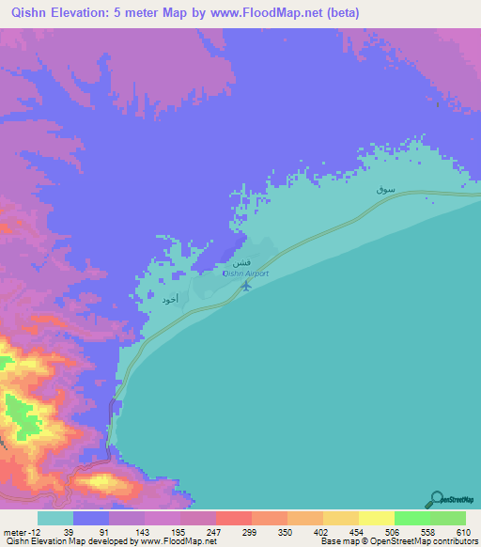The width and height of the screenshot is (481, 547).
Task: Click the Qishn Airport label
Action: [245, 273]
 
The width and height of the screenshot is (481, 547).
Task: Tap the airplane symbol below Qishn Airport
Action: [246, 285]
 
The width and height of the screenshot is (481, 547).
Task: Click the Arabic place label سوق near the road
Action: [384, 190]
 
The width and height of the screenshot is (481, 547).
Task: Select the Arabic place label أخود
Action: [170, 298]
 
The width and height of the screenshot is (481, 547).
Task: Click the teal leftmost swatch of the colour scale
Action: [54, 517]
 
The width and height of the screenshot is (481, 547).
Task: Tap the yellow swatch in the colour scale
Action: [376, 517]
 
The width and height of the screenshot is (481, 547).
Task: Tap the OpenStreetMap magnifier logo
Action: [437, 499]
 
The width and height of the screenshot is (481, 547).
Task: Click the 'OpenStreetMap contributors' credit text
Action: [432, 541]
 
